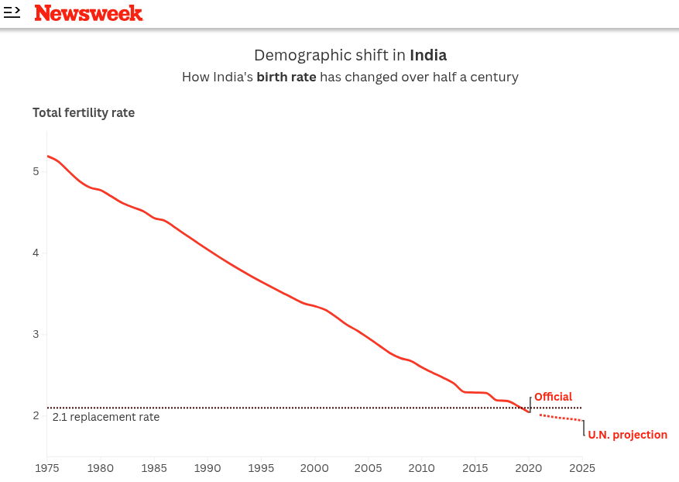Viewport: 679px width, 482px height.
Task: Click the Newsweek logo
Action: (88, 13)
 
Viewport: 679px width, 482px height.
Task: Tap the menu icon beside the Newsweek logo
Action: (12, 12)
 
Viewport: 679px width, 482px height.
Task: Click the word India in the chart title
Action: (428, 55)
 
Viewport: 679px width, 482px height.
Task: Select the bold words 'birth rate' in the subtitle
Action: (286, 77)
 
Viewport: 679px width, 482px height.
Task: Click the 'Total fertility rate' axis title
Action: (84, 113)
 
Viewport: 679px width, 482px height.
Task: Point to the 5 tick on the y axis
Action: (36, 171)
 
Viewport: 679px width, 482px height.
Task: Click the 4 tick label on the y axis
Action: (36, 253)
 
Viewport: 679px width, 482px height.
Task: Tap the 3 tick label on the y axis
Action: (36, 335)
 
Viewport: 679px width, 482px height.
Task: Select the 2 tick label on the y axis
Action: (36, 416)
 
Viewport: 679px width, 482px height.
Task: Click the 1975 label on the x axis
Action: (47, 468)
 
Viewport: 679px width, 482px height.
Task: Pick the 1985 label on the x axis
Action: (154, 468)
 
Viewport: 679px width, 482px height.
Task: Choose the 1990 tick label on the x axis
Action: (207, 468)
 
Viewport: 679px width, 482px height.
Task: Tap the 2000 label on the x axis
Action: (314, 468)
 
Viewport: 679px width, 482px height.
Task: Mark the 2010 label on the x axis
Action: (421, 468)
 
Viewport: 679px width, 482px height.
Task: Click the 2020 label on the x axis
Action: (529, 468)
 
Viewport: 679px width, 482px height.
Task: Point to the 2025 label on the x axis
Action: (582, 468)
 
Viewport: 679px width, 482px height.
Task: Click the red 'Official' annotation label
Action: (553, 398)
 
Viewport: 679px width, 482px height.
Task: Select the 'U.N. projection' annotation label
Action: (627, 435)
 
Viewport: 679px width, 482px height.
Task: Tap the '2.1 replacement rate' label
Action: (106, 417)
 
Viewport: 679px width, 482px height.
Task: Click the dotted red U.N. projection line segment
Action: (561, 418)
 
